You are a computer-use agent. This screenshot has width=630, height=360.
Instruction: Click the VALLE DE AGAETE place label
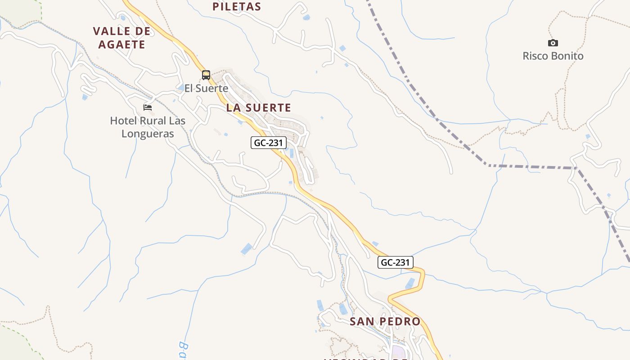(121, 38)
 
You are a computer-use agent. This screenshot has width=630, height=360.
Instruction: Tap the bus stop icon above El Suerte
(206, 75)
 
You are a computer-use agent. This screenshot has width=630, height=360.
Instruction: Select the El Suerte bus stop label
(207, 88)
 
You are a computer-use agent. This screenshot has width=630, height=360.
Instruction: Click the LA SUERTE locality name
(259, 108)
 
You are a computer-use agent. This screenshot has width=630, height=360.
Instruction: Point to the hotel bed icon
(148, 108)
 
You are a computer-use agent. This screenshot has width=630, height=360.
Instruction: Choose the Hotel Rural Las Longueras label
(148, 127)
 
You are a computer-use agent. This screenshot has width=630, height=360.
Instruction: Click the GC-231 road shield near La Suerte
(269, 143)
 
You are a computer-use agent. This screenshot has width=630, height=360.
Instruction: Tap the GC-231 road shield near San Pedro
(395, 262)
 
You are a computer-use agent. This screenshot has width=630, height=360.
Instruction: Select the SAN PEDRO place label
(385, 321)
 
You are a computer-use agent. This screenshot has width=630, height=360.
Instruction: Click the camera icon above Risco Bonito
(553, 43)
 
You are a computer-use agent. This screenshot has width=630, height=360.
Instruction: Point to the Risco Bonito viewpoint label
(553, 56)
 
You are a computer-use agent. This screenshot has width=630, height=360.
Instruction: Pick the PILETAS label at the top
(237, 6)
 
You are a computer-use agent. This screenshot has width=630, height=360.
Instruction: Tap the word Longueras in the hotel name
(148, 134)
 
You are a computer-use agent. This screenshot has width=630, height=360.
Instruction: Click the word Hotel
(123, 121)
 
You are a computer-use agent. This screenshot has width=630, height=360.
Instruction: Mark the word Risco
(535, 56)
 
